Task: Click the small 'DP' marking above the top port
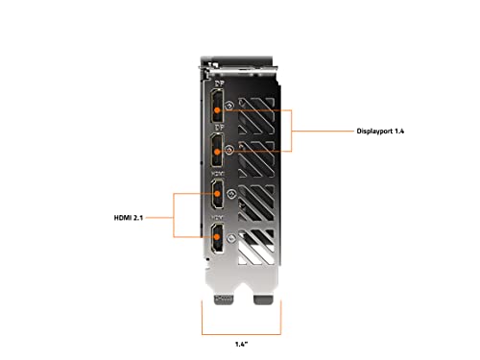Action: pyautogui.click(x=218, y=82)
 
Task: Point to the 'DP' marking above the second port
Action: pyautogui.click(x=218, y=126)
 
